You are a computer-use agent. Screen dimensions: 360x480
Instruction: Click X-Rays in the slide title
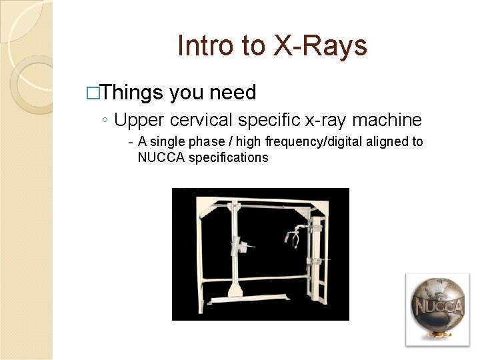[319, 45]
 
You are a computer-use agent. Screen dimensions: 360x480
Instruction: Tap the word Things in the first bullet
[133, 92]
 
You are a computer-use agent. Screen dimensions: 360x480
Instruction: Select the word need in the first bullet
[233, 92]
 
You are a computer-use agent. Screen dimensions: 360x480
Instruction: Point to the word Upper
[139, 121]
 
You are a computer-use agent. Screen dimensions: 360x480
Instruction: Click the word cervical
[205, 120]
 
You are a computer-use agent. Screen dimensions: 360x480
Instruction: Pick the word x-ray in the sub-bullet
[323, 120]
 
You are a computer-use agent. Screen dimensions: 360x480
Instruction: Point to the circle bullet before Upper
[106, 121]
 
